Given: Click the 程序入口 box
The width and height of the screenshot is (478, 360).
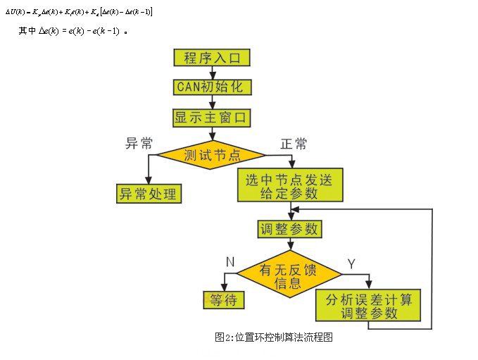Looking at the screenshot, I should click(212, 57).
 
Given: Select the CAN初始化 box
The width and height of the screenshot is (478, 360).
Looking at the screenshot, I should click(212, 87).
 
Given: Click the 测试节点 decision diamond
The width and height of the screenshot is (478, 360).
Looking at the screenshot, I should click(210, 154).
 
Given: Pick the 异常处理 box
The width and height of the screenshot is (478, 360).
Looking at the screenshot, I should click(149, 193).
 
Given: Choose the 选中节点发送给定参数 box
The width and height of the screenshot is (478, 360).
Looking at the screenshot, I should click(291, 185).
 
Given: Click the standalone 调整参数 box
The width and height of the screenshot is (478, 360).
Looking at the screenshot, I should click(289, 229).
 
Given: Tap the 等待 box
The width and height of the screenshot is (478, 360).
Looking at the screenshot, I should click(223, 300).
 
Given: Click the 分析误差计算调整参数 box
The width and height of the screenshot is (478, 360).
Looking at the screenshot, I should click(368, 305).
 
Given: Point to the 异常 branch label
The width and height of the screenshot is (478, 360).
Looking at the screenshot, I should click(139, 144).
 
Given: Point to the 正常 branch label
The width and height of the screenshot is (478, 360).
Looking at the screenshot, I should click(294, 144).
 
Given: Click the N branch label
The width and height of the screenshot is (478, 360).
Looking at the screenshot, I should click(229, 261).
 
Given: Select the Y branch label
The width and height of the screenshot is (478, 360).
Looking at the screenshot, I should click(351, 264).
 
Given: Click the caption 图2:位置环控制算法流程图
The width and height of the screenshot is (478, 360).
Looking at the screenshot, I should click(274, 337).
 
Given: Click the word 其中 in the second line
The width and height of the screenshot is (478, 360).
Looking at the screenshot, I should click(27, 31).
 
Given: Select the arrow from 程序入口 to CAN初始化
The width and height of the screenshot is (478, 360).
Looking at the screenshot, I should click(212, 72).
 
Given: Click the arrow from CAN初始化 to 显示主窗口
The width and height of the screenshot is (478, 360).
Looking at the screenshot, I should click(212, 101).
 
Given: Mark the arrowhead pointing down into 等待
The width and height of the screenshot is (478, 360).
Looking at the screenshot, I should click(223, 285).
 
